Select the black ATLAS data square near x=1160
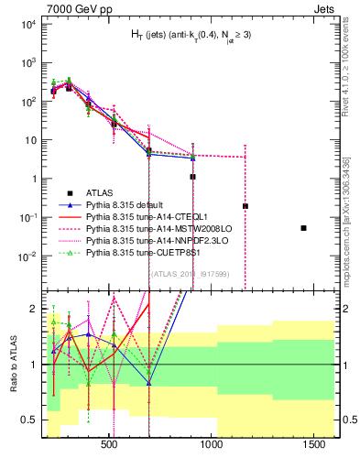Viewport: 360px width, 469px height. click(x=245, y=206)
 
